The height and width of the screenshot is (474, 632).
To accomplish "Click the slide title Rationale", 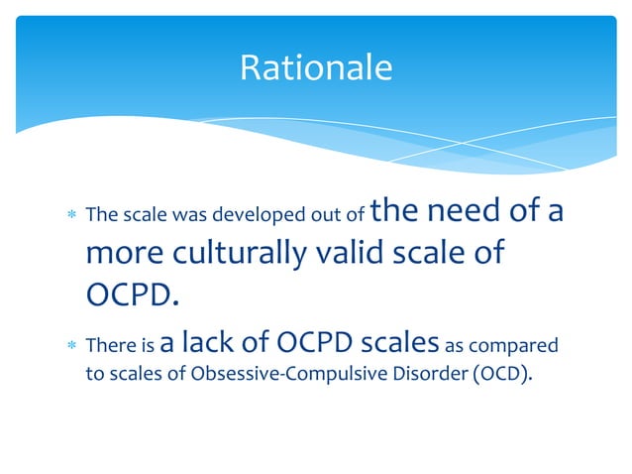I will pos(316,67).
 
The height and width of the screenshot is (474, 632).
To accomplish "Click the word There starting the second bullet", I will pos(108,346).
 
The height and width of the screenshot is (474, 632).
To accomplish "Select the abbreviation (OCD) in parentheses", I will pos(481,376).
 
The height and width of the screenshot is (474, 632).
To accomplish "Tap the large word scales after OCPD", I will pos(399,342).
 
